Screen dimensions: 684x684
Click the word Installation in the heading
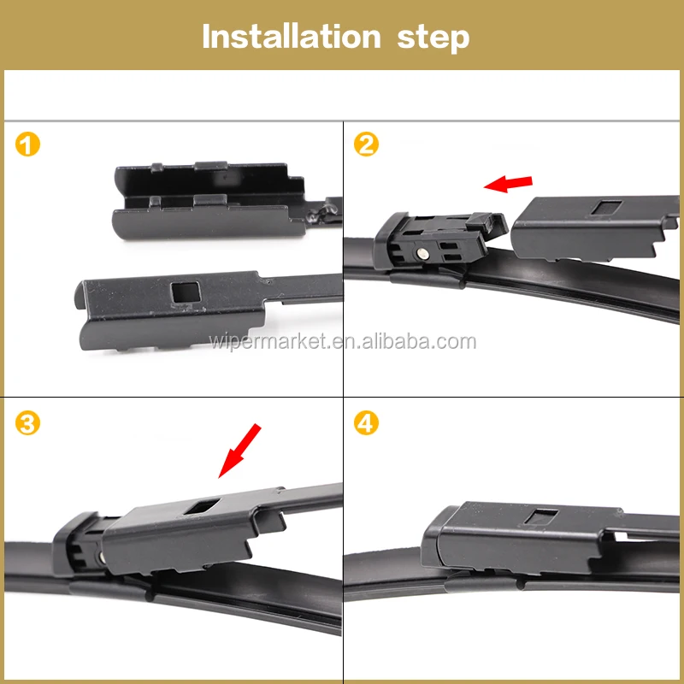pos(292,37)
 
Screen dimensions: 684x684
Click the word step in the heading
pos(433,38)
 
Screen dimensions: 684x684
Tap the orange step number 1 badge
pos(27,144)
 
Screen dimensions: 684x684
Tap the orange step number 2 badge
pos(366,144)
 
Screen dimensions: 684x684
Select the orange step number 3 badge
pos(27,423)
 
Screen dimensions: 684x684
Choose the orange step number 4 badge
pos(366,423)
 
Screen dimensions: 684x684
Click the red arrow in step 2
pos(508,184)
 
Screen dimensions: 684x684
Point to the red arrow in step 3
pos(239,451)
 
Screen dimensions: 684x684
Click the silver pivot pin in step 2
pos(422,252)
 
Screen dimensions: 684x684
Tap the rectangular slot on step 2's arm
pos(606,207)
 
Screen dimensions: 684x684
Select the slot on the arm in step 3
pos(202,506)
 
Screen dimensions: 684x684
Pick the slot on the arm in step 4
pos(541,516)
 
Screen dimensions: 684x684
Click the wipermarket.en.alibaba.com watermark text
pos(343,341)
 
